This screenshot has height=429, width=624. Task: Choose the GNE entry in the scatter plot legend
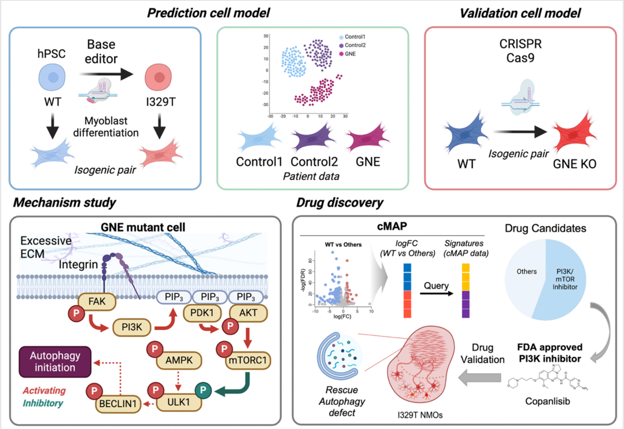click(350, 53)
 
